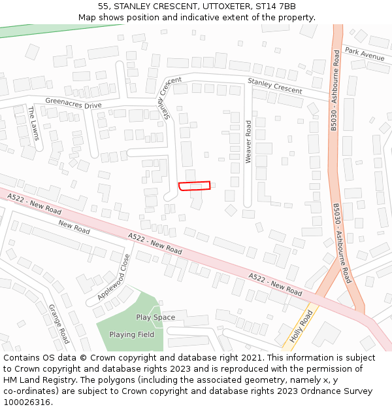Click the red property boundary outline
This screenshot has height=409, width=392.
(195, 186)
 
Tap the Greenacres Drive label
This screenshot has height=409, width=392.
(73, 103)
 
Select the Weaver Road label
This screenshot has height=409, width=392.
(248, 141)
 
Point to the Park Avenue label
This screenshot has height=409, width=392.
(365, 54)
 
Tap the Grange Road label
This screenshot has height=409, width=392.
(59, 323)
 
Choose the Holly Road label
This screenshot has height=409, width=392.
(302, 328)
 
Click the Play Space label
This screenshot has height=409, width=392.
(155, 317)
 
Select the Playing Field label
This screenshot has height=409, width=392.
(131, 334)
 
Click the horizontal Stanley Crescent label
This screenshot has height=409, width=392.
(274, 85)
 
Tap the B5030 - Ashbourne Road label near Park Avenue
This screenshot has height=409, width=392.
(335, 92)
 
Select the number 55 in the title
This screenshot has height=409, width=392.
(104, 7)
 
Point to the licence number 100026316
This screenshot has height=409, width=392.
(28, 402)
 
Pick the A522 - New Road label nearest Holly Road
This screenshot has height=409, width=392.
(275, 284)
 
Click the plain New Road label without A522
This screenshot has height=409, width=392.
(74, 227)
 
